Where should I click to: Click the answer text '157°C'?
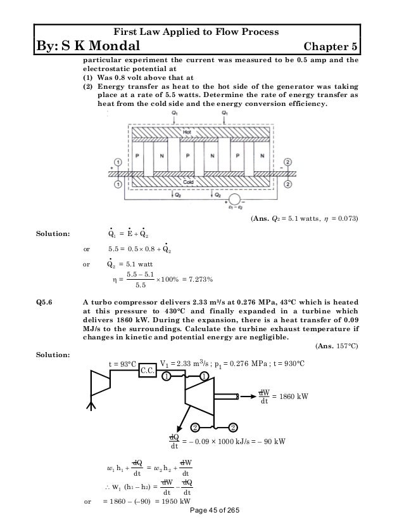point(345,347)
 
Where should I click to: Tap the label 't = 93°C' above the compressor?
point(120,364)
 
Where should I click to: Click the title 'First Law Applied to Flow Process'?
point(202,31)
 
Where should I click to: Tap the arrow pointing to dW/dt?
point(246,396)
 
